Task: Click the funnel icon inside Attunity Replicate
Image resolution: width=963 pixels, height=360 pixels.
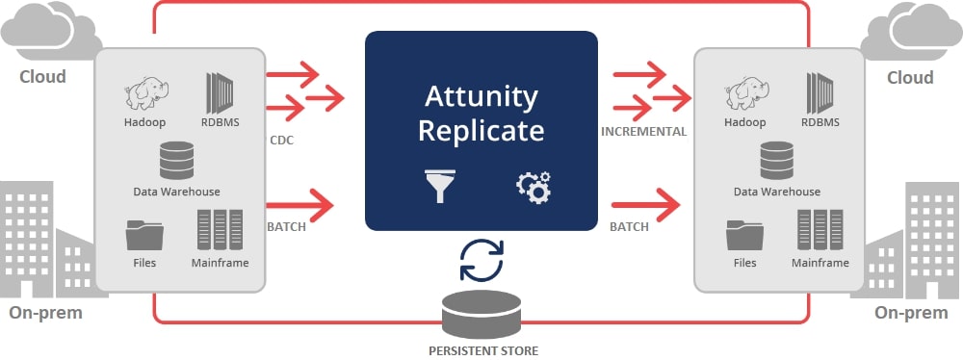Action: [442, 187]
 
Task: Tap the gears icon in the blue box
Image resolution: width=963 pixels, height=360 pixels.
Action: [533, 187]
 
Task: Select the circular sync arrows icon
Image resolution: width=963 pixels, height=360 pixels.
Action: [481, 257]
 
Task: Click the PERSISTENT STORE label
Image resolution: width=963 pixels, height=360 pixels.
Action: [481, 348]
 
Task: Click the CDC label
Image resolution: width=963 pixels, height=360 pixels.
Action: [282, 140]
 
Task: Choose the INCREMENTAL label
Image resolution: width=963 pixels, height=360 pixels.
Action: [643, 132]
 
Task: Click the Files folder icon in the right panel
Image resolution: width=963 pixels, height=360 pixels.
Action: [744, 234]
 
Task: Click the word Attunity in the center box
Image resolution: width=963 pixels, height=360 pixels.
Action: [481, 97]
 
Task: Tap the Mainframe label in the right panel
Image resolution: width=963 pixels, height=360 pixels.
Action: [820, 263]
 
